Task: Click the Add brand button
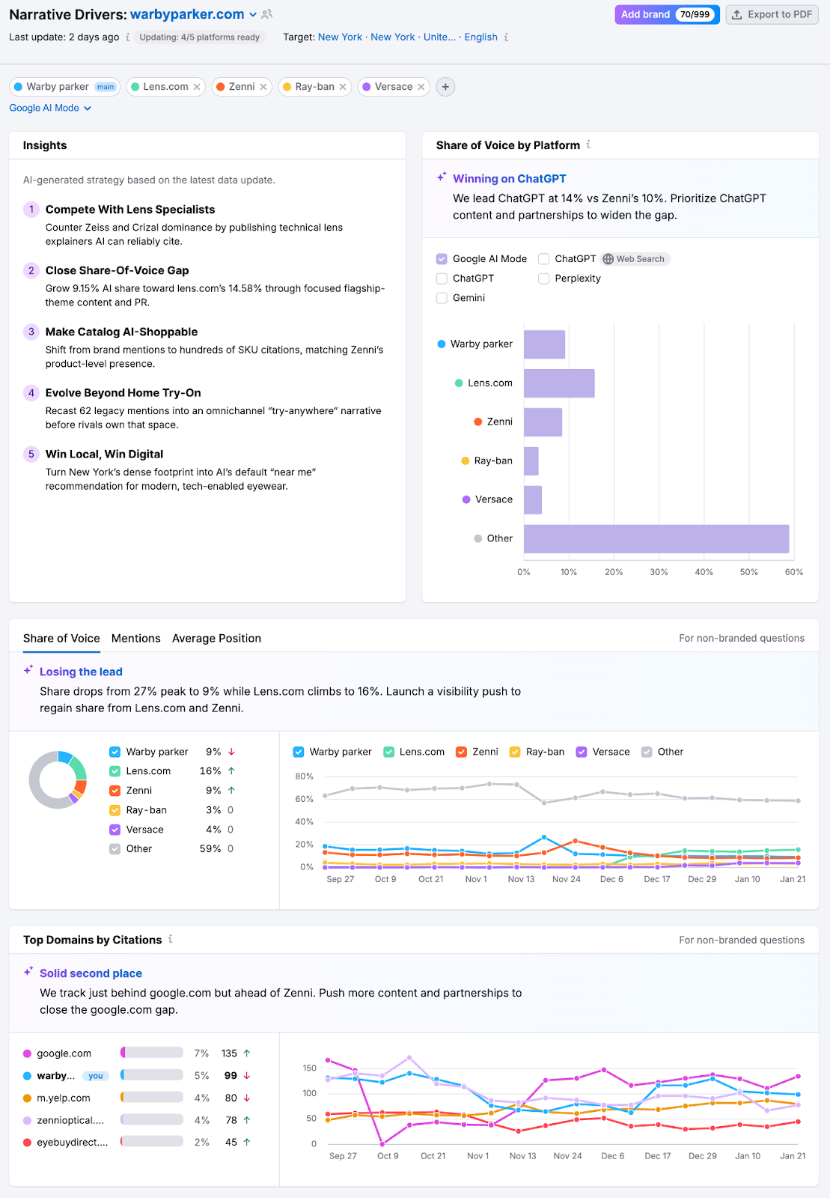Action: pos(645,14)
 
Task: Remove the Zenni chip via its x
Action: pos(263,87)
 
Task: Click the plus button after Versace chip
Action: pos(445,87)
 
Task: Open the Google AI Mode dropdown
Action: pos(50,108)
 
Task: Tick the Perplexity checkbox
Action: pos(544,279)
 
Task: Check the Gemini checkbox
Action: pos(442,298)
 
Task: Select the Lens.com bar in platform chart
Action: pos(559,383)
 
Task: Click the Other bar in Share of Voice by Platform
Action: pos(656,539)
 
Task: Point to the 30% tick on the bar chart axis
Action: pos(659,572)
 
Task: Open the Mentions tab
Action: pos(135,639)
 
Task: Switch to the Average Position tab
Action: pos(216,639)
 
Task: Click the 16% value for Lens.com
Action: pos(210,771)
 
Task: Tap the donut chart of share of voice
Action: pos(58,780)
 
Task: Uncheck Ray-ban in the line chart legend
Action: pos(515,752)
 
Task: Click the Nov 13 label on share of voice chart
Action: pos(521,879)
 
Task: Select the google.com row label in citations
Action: pos(64,1053)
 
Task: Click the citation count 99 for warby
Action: pos(231,1076)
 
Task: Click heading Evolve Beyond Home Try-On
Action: pos(123,393)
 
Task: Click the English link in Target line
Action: pos(480,37)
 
